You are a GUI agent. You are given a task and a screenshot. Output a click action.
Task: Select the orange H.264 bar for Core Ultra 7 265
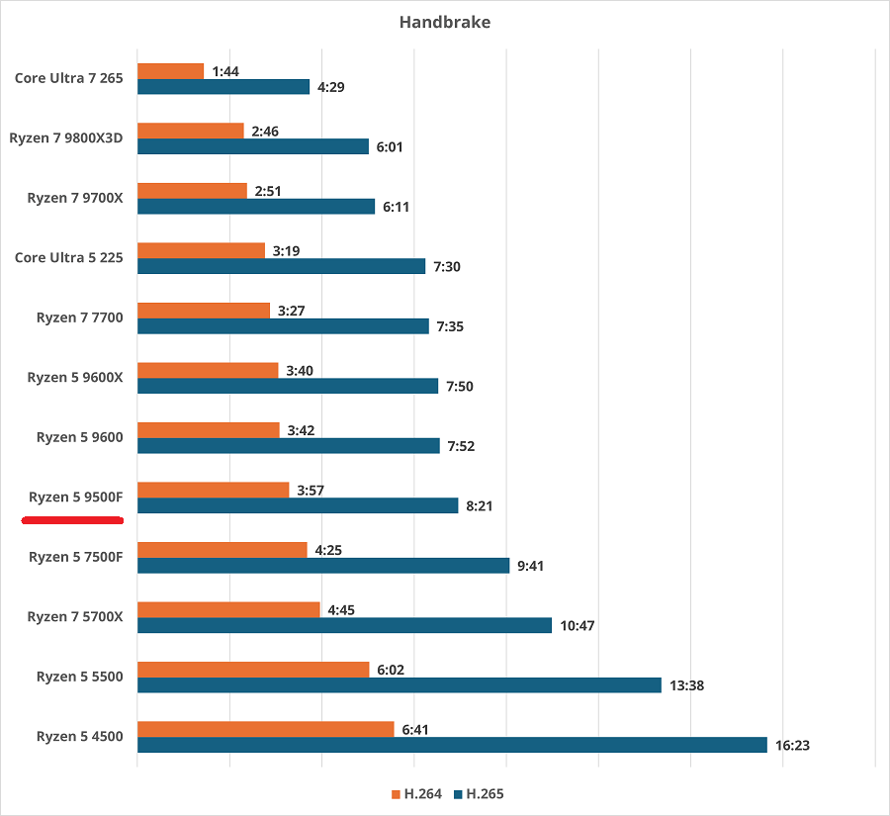point(170,71)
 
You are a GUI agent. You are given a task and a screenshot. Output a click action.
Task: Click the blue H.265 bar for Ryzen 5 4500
point(452,745)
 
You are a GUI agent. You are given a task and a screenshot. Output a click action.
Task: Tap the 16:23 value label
point(794,746)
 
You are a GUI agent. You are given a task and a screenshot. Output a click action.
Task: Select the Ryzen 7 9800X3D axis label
point(66,138)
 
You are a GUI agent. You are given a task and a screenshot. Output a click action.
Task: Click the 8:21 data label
point(479,506)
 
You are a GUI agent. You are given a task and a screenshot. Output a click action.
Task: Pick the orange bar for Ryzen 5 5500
point(252,670)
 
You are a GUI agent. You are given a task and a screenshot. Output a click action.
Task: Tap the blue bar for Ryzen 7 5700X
point(344,625)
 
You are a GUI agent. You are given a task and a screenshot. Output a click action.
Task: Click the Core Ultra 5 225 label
point(69,258)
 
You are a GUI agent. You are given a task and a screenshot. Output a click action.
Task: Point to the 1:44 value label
point(225,71)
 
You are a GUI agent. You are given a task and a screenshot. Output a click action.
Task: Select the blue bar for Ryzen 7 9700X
point(256,207)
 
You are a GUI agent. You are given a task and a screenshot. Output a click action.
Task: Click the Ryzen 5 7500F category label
point(76,557)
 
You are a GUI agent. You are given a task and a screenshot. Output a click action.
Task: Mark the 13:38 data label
point(687,685)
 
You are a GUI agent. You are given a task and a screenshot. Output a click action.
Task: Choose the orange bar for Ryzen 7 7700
point(204,311)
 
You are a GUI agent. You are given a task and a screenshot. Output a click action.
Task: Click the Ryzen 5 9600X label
point(75,378)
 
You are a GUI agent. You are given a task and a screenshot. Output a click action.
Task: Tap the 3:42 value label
point(302,430)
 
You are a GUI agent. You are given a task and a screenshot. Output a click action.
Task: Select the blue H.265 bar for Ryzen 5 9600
point(288,446)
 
